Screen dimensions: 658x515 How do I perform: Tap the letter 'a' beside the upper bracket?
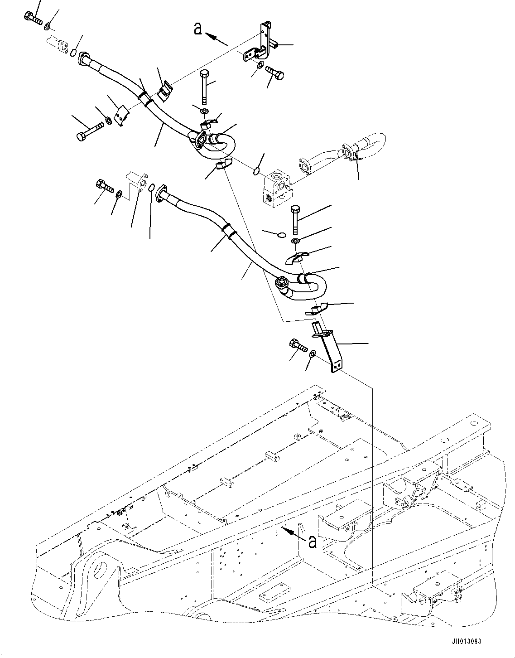[197, 29]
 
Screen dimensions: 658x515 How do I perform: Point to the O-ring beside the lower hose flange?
[153, 188]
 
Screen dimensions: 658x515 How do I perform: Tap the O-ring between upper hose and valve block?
[256, 171]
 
